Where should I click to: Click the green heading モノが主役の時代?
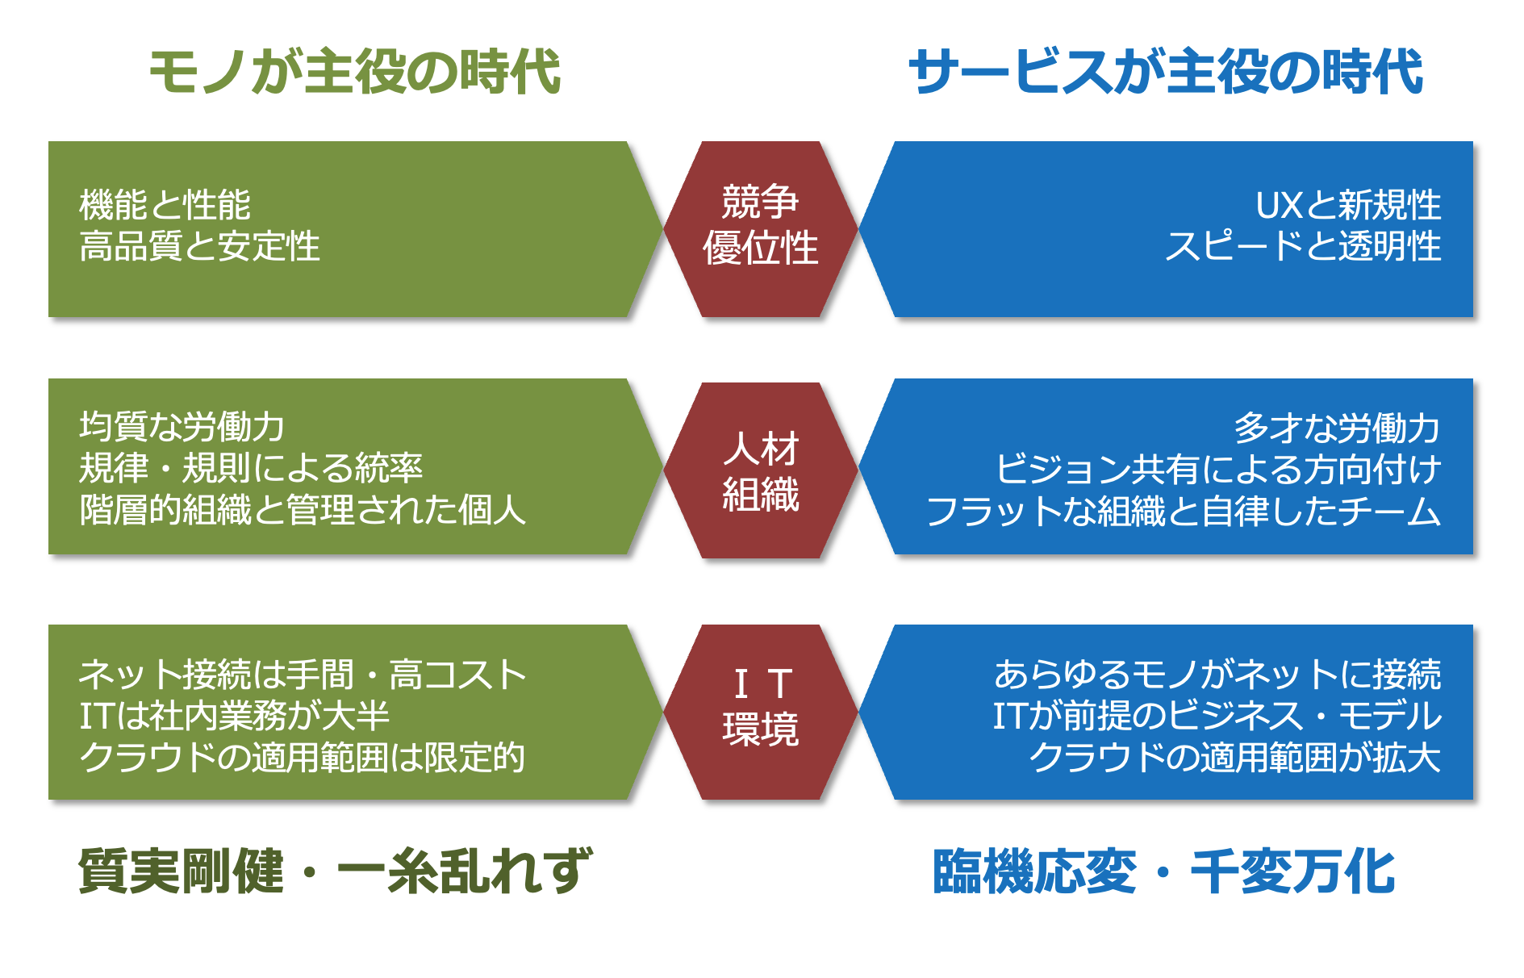[x=355, y=72]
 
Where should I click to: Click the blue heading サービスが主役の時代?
[x=1166, y=72]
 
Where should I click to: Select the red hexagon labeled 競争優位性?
[x=761, y=229]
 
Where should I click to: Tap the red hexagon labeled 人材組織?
[x=761, y=470]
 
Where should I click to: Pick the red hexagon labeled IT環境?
[x=761, y=712]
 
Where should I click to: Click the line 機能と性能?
[x=165, y=205]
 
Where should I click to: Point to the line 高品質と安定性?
[x=199, y=246]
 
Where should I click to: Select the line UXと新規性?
[x=1348, y=205]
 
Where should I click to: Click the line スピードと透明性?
[x=1303, y=246]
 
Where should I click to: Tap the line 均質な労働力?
[x=182, y=427]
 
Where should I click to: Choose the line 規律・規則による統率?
[x=251, y=468]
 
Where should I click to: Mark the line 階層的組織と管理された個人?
[x=303, y=510]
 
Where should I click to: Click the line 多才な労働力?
[x=1337, y=428]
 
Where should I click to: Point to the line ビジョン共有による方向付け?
[x=1218, y=469]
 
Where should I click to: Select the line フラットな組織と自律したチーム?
[x=1184, y=511]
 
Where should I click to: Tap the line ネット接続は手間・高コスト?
[x=303, y=674]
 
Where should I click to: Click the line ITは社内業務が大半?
[x=234, y=715]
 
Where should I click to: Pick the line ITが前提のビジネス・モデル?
[x=1217, y=715]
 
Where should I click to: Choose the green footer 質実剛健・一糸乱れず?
[x=335, y=871]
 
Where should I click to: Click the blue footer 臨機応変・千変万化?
[x=1164, y=871]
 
